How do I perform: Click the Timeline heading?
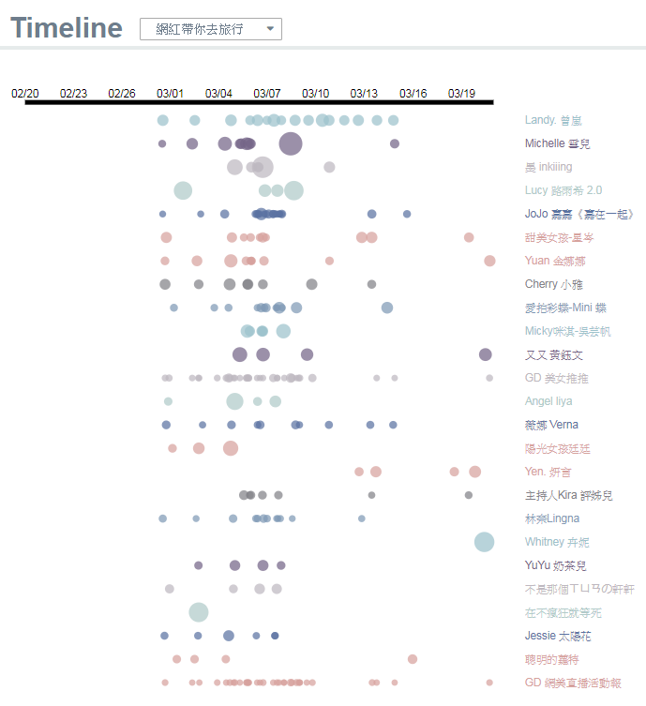coord(67,28)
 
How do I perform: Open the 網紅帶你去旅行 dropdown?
coord(210,29)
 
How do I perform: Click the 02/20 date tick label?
coord(25,93)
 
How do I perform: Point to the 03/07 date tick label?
coord(267,93)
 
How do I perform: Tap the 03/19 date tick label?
coord(461,93)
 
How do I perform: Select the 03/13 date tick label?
coord(364,93)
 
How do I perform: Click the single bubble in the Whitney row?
coord(484,542)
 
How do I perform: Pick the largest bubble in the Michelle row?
coord(291,143)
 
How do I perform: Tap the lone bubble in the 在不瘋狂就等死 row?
coord(198,612)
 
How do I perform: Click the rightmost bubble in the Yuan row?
coord(489,261)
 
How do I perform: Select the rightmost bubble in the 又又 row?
coord(485,354)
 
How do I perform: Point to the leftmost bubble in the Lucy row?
coord(183,190)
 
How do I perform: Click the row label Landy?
coord(553,120)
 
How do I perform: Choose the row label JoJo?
coord(579,214)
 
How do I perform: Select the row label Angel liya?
coord(548,401)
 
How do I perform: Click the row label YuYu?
coord(555,565)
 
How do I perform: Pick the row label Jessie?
coord(558,636)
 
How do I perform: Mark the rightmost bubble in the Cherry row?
coord(371,284)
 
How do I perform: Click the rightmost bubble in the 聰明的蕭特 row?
coord(413,659)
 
